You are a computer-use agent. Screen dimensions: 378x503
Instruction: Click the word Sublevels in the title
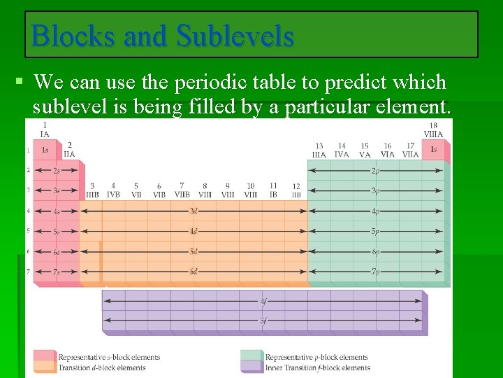(235, 36)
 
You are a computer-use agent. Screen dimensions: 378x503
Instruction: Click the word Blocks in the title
(73, 36)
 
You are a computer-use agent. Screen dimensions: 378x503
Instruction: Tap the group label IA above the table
(45, 134)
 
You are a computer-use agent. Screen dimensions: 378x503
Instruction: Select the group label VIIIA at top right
(433, 134)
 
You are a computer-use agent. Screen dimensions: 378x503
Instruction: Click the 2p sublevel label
(375, 170)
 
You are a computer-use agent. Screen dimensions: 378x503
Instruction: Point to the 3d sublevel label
(194, 210)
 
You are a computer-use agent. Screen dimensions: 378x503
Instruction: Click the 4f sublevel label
(263, 301)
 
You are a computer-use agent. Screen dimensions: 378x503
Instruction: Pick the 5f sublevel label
(263, 321)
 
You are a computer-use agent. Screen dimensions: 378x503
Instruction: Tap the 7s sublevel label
(45, 271)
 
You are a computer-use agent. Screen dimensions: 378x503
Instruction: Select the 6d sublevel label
(194, 271)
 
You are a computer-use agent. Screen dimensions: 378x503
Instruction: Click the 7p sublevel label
(375, 271)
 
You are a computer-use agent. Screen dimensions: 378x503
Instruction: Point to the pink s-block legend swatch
(44, 356)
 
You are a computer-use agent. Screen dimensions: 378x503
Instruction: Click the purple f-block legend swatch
(251, 367)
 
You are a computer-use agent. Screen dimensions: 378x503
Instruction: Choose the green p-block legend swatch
(251, 356)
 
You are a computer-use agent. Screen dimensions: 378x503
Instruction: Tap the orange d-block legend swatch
(44, 367)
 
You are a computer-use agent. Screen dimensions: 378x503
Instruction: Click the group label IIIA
(319, 155)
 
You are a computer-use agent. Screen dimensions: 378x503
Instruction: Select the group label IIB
(296, 195)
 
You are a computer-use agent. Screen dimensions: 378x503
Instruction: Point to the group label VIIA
(410, 155)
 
